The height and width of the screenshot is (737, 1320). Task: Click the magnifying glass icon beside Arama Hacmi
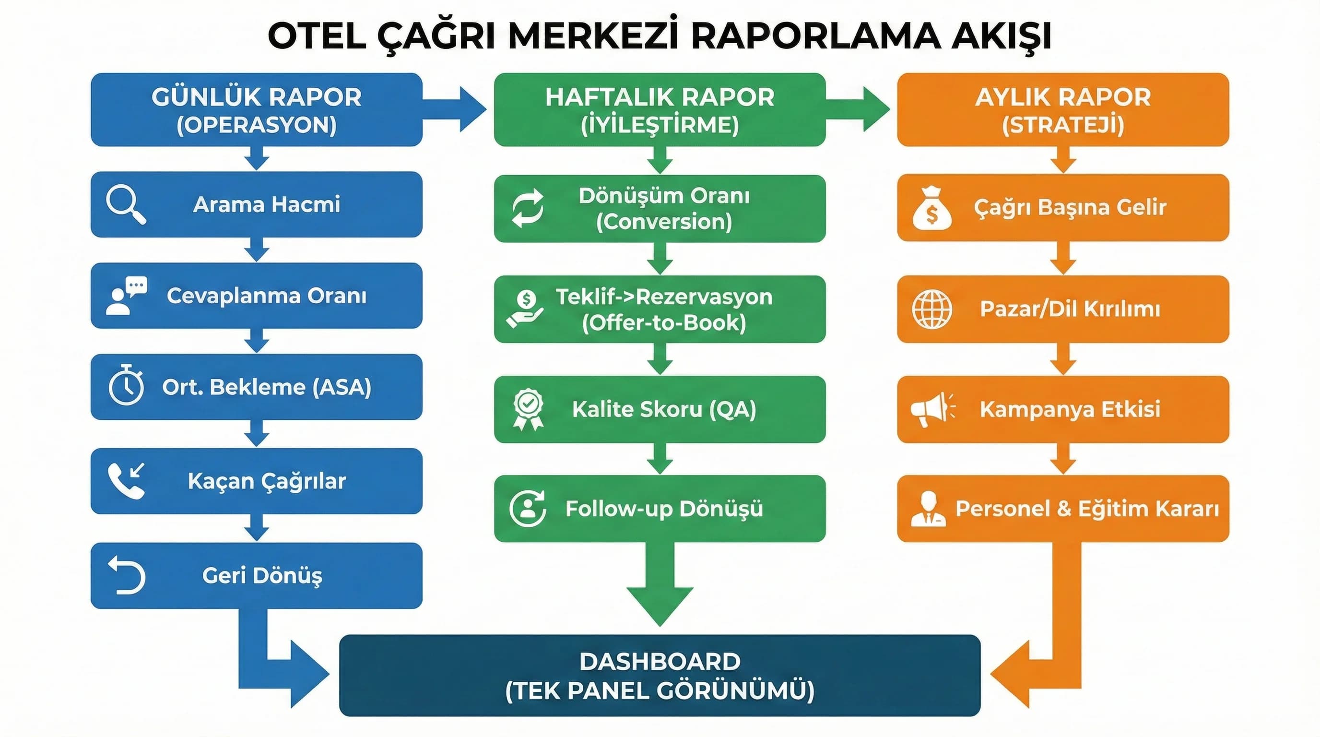pyautogui.click(x=126, y=204)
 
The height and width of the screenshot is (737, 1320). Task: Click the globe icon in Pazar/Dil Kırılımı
pyautogui.click(x=931, y=309)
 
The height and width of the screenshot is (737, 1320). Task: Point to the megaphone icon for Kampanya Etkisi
pyautogui.click(x=932, y=409)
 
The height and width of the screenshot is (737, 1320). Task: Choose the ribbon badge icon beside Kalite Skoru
pyautogui.click(x=528, y=409)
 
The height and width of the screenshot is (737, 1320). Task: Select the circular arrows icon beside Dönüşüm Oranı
pyautogui.click(x=528, y=208)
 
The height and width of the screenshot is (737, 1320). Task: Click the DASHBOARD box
pyautogui.click(x=660, y=675)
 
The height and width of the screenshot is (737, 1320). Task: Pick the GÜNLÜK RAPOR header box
pyautogui.click(x=256, y=110)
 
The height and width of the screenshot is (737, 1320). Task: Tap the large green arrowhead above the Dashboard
pyautogui.click(x=660, y=602)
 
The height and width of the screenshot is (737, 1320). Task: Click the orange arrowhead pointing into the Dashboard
pyautogui.click(x=1013, y=674)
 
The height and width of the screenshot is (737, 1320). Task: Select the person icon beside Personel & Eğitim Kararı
pyautogui.click(x=928, y=509)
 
